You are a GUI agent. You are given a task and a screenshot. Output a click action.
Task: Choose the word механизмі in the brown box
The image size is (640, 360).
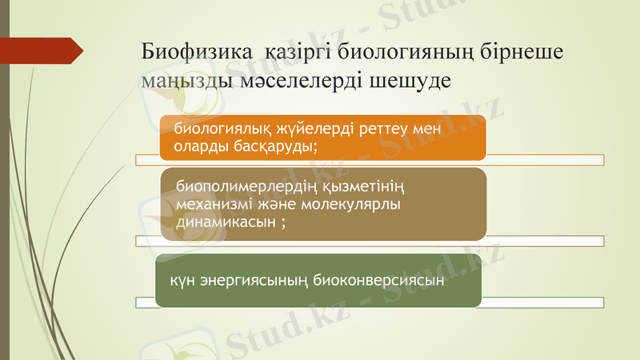[x=215, y=205]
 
